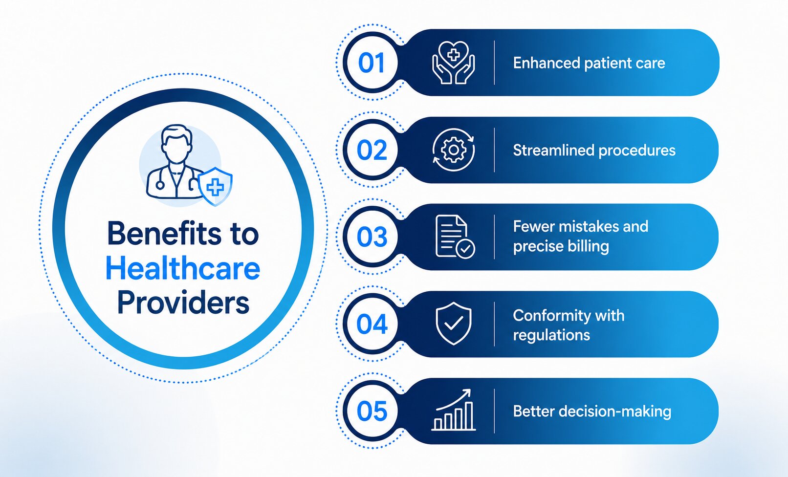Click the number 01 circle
[372, 63]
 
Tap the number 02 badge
[372, 150]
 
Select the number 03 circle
[372, 237]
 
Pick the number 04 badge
[372, 324]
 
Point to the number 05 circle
[372, 411]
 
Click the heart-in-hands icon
[454, 63]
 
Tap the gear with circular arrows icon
[454, 150]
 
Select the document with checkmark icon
[455, 237]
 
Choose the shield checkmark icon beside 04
[454, 324]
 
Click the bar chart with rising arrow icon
[454, 410]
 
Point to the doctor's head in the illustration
[176, 144]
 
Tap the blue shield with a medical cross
[215, 186]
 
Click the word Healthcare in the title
[183, 269]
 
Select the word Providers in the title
[183, 303]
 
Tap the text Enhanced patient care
[589, 64]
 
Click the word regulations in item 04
[551, 335]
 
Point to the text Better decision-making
[592, 411]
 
